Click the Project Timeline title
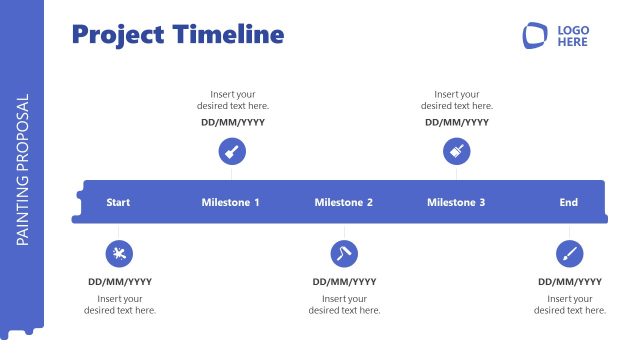click(178, 35)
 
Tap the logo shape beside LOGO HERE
click(536, 36)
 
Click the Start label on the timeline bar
click(118, 203)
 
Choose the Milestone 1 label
click(230, 203)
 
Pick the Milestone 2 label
click(344, 203)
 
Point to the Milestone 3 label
click(456, 203)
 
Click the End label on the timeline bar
click(568, 203)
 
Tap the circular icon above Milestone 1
click(232, 152)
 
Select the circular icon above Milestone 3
click(457, 152)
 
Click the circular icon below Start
click(120, 253)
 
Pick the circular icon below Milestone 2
click(344, 253)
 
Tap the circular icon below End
click(570, 253)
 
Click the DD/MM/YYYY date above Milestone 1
click(232, 123)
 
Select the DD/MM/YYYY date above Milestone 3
click(457, 123)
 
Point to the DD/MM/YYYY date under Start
click(120, 282)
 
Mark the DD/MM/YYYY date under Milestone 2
click(344, 282)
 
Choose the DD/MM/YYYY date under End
click(570, 282)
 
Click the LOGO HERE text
click(573, 36)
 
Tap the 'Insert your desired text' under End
click(570, 305)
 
